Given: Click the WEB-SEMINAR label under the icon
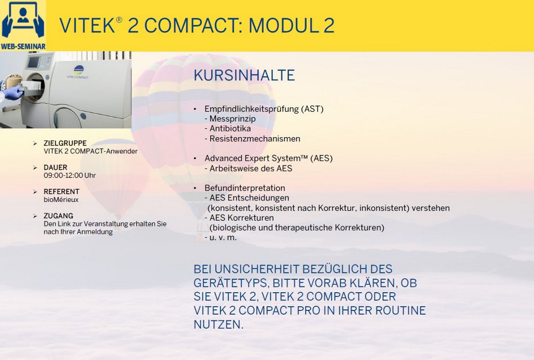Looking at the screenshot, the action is tap(23, 46).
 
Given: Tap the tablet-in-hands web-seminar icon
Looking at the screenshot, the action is tap(23, 20).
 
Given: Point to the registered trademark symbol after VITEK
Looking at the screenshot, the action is tap(119, 20).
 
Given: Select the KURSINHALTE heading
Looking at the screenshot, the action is tap(244, 75).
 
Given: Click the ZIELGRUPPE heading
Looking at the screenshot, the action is tap(65, 143).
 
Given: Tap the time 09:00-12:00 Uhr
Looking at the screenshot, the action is tap(70, 175).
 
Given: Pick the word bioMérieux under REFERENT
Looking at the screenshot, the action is tap(61, 200).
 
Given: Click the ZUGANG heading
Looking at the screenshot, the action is tap(58, 215).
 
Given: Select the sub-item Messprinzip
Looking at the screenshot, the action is tap(233, 118).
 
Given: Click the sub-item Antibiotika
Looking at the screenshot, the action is tap(230, 128).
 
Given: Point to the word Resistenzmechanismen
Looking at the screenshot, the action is tap(254, 139).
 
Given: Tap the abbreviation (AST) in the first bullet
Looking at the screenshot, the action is tap(312, 109).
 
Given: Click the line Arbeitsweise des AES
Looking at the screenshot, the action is tap(251, 168).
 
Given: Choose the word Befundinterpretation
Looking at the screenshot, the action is tap(245, 188).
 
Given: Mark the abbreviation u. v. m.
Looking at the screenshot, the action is tap(223, 237).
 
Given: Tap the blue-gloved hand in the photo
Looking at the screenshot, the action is tap(13, 92).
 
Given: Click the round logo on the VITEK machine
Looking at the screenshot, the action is tap(78, 69).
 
